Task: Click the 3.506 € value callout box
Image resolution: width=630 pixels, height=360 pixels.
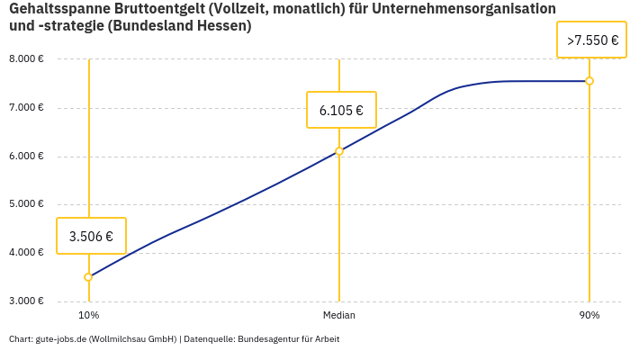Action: coord(91,237)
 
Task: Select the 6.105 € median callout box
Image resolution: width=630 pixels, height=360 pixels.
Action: coord(341,111)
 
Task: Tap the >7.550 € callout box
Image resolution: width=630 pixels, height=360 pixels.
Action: coord(592,40)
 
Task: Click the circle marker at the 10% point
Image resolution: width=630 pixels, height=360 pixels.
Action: coord(88,277)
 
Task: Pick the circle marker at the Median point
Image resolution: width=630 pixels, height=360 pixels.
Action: coord(339,151)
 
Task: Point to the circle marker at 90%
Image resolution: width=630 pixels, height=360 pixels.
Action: coord(589,81)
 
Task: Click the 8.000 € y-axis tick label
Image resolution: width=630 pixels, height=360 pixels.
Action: coord(26,59)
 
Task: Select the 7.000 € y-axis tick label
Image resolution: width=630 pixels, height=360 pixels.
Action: coord(26,108)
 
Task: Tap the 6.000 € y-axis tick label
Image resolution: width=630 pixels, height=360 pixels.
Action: coord(26,157)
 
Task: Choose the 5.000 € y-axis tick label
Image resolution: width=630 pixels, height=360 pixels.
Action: coord(26,204)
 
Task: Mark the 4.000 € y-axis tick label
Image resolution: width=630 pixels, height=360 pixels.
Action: coord(26,253)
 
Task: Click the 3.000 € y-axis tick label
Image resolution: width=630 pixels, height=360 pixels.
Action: coord(26,301)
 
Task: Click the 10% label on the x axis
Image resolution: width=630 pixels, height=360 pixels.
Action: coord(88,316)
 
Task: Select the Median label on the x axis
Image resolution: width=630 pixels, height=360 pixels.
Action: coord(339,316)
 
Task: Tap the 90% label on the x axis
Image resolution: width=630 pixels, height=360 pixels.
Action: coord(589,316)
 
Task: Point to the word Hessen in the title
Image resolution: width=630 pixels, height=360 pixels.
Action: coord(220,26)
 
